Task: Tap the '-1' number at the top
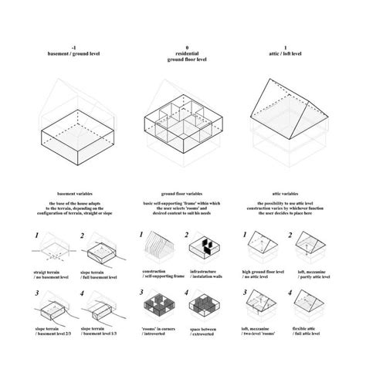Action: point(68,47)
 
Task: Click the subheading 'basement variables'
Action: point(68,192)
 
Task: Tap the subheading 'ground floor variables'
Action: point(183,192)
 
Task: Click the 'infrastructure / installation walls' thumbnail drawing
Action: point(205,249)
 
